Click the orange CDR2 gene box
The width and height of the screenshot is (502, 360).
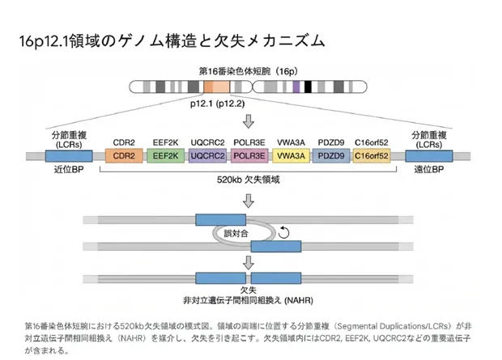124,155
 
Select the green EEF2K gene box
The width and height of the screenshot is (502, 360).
165,155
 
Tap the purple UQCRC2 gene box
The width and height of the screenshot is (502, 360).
206,155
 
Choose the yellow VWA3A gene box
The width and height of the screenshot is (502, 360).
289,155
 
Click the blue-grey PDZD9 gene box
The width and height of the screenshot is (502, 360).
330,155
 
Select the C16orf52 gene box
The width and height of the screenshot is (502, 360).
372,155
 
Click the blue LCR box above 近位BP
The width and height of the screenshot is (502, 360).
67,155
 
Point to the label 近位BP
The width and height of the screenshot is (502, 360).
67,171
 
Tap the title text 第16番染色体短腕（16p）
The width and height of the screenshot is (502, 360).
250,71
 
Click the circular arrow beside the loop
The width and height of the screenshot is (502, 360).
283,233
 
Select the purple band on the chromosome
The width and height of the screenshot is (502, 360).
297,86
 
